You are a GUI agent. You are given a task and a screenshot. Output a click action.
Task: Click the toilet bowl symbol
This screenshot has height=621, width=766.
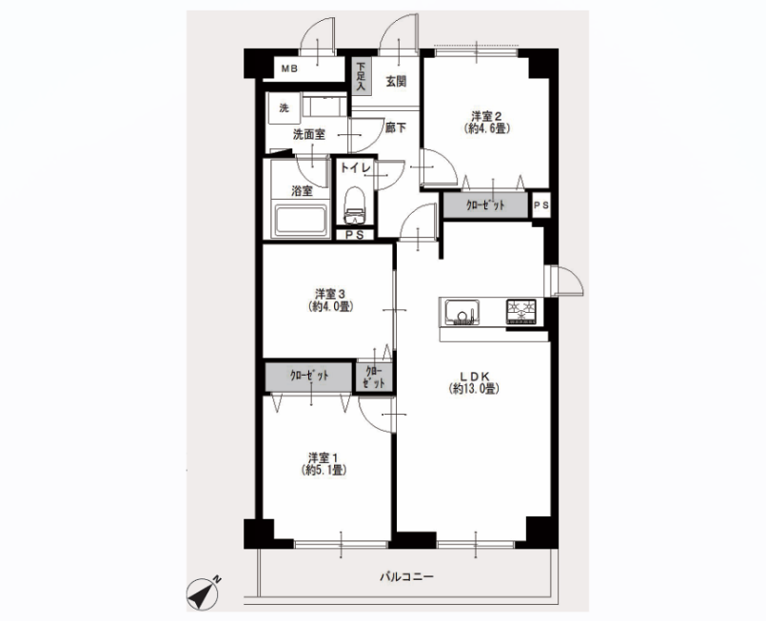pyautogui.click(x=355, y=204)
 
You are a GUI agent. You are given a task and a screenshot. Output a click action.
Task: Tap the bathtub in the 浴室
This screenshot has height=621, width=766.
pyautogui.click(x=301, y=221)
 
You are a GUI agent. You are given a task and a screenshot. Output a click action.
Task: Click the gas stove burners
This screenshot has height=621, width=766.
pyautogui.click(x=521, y=312)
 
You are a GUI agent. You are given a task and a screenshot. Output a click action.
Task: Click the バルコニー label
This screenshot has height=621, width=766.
pyautogui.click(x=407, y=577)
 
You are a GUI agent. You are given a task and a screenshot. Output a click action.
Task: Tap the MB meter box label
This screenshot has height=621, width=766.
pyautogui.click(x=289, y=69)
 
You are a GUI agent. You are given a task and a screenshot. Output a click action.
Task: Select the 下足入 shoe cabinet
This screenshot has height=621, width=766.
pyautogui.click(x=362, y=77)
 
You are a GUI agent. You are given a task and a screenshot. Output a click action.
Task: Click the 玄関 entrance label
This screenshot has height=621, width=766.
pyautogui.click(x=396, y=81)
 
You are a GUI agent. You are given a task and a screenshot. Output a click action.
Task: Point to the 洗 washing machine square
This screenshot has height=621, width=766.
pyautogui.click(x=284, y=108)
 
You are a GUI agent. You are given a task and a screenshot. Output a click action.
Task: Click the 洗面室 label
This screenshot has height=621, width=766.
pyautogui.click(x=308, y=134)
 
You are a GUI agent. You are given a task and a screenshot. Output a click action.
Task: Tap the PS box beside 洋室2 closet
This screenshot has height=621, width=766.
pyautogui.click(x=540, y=206)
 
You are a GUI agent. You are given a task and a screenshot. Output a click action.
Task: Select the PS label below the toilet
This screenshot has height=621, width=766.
pyautogui.click(x=355, y=235)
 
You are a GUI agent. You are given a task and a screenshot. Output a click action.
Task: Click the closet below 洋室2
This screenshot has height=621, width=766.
pyautogui.click(x=485, y=205)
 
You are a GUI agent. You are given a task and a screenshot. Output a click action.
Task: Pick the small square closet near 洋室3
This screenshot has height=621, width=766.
pyautogui.click(x=374, y=377)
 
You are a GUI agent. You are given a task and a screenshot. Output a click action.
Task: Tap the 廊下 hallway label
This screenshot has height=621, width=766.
pyautogui.click(x=396, y=128)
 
